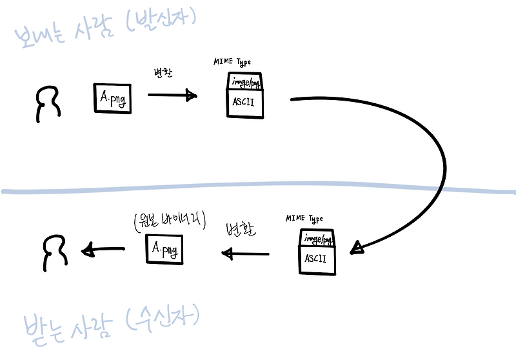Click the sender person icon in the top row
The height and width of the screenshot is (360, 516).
point(48,105)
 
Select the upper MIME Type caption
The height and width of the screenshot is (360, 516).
point(232,62)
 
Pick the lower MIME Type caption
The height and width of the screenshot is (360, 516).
point(304,219)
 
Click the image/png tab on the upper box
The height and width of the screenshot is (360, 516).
point(245,83)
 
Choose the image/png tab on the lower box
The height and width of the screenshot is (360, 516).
point(317,239)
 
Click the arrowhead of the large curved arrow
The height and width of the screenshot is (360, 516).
point(357,248)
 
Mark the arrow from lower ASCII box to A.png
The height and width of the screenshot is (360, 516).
point(245,254)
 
